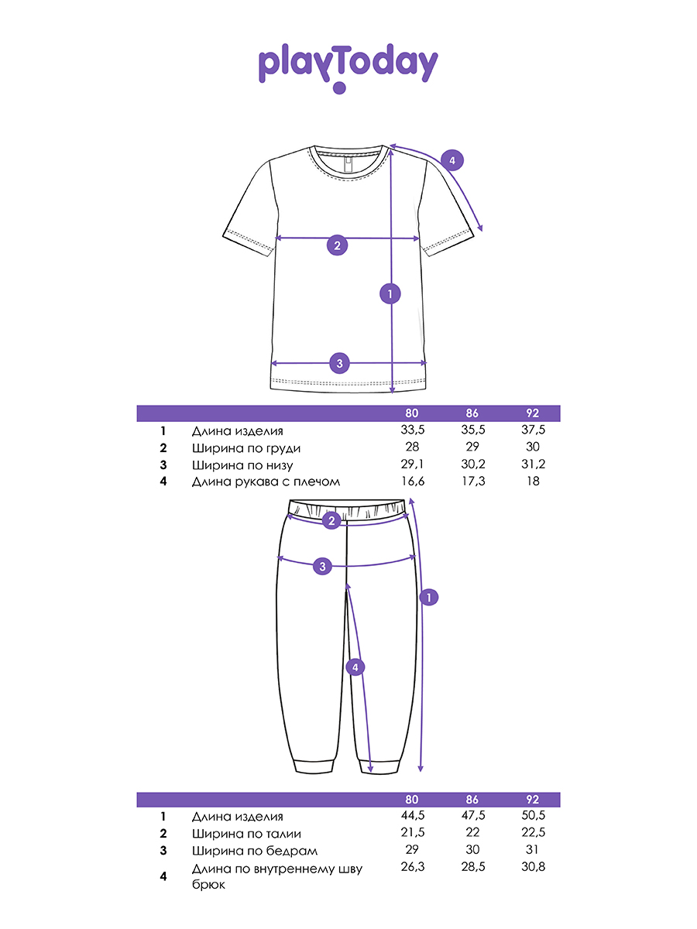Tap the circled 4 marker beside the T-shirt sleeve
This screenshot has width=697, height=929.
452,161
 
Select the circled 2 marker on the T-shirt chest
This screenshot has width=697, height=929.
337,246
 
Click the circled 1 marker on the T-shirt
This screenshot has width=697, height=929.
390,293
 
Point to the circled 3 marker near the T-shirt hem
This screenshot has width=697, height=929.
339,362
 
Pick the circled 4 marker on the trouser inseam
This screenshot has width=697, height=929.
354,667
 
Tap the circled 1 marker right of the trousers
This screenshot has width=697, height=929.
428,597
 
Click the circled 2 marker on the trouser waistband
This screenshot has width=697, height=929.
331,520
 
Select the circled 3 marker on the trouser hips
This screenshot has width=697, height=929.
323,567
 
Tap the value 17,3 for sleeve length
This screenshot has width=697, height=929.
472,482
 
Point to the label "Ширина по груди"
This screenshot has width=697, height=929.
245,448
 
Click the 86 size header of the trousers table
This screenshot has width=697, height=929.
472,800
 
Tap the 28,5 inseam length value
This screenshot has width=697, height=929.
472,867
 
